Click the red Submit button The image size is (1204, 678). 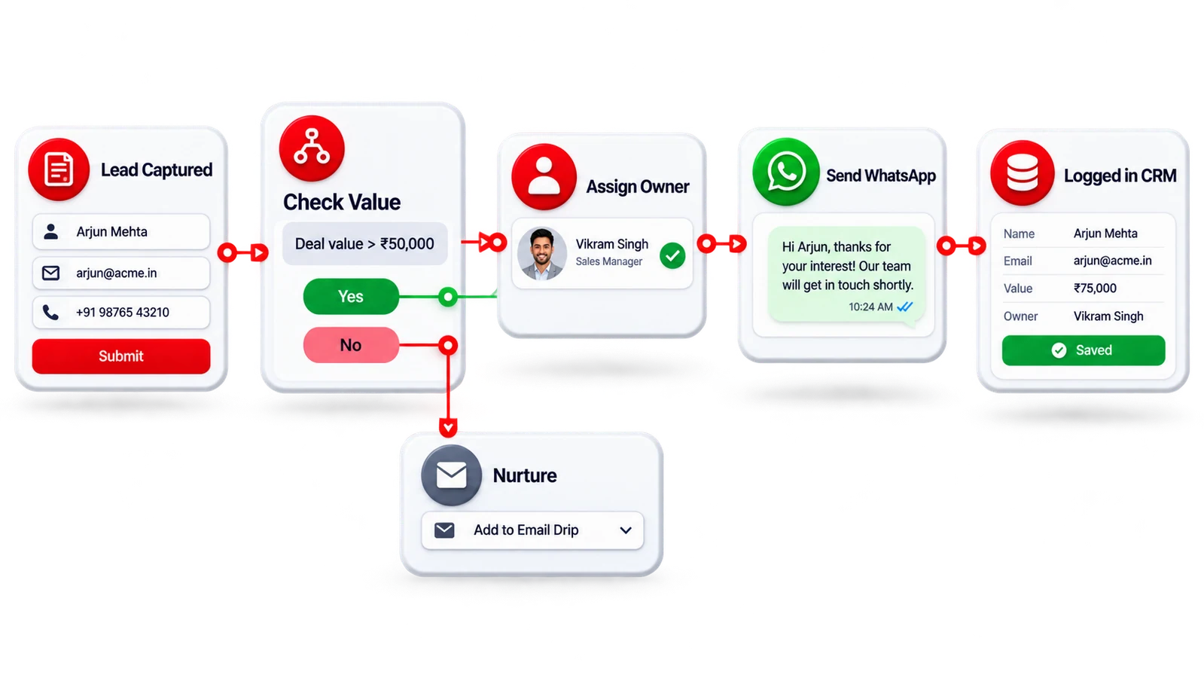point(121,356)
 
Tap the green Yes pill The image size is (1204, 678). point(351,296)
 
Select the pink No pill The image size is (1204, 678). point(351,345)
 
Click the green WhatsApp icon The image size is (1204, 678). point(786,172)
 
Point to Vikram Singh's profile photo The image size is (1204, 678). point(542,254)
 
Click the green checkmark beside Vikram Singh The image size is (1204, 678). point(672,255)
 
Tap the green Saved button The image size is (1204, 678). point(1084,350)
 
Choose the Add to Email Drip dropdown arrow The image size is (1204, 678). point(626,530)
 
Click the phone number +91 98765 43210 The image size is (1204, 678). point(123,313)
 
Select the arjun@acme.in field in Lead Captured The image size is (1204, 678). point(121,273)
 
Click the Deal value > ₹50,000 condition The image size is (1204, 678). point(364,244)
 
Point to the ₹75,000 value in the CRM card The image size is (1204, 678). point(1095,289)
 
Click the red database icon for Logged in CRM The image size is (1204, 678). point(1023,173)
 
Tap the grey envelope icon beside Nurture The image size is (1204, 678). point(452,475)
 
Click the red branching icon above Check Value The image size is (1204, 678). point(312,148)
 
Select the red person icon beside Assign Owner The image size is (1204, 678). point(544,176)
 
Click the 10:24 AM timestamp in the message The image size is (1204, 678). point(870,307)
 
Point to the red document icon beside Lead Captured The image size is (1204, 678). point(59,169)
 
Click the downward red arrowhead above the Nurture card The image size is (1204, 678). point(448,427)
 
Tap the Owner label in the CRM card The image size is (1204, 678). point(1020,316)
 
